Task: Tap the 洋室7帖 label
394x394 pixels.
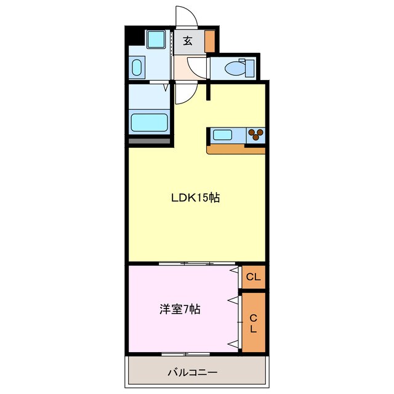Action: click(x=178, y=310)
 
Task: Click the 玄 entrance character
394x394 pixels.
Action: click(x=187, y=42)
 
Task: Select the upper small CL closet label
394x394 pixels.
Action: click(x=254, y=277)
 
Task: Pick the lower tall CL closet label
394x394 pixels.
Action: click(x=253, y=323)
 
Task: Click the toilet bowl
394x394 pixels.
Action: click(x=234, y=67)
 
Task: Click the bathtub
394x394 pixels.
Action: click(x=150, y=122)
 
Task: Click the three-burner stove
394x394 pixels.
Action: click(x=255, y=135)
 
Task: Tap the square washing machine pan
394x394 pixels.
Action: click(x=156, y=40)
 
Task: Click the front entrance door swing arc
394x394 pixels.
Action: click(x=185, y=17)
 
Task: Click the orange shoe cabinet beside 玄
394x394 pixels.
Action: click(x=210, y=41)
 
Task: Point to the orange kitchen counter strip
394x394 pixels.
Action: click(x=237, y=150)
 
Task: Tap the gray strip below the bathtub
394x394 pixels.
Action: click(x=149, y=142)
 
